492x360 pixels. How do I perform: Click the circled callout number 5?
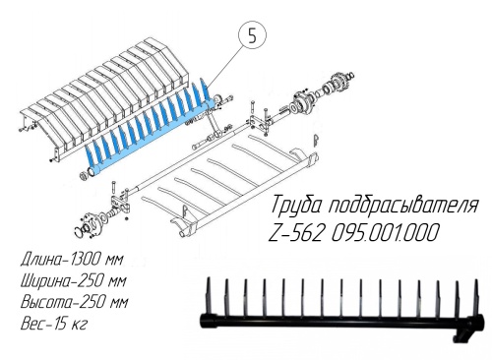pos(252,36)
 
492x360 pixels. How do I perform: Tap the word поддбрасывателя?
pos(403,205)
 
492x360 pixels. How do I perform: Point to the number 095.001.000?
pos(385,232)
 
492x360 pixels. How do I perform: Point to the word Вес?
pos(32,324)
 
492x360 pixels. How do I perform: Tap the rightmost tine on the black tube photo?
pos(476,297)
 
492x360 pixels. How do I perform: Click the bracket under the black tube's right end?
pos(461,334)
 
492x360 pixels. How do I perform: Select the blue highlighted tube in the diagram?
pos(151,136)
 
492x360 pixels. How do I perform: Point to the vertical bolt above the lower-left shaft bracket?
pos(113,189)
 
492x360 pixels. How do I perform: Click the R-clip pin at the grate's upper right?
pos(315,142)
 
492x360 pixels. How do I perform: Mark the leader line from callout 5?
pos(226,66)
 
